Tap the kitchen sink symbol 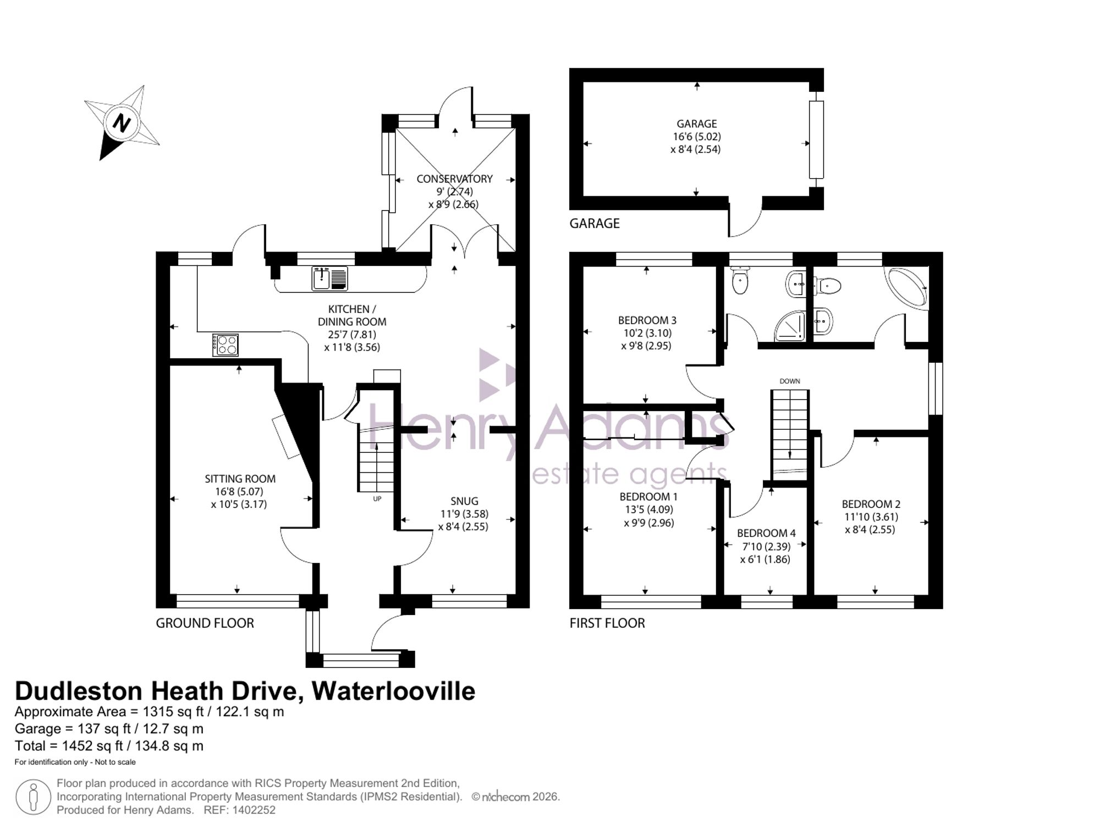point(330,278)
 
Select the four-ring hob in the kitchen point(226,345)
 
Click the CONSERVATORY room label point(454,179)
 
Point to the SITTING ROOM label point(240,479)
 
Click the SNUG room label point(464,501)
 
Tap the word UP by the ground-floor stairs point(377,499)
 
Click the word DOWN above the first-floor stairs point(790,381)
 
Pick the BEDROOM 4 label point(766,533)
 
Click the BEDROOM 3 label point(647,320)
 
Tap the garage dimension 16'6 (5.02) point(696,136)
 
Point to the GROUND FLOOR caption point(205,623)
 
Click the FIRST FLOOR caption point(607,623)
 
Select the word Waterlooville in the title point(393,691)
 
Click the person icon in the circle point(33,797)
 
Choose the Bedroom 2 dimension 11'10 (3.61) point(871,517)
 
